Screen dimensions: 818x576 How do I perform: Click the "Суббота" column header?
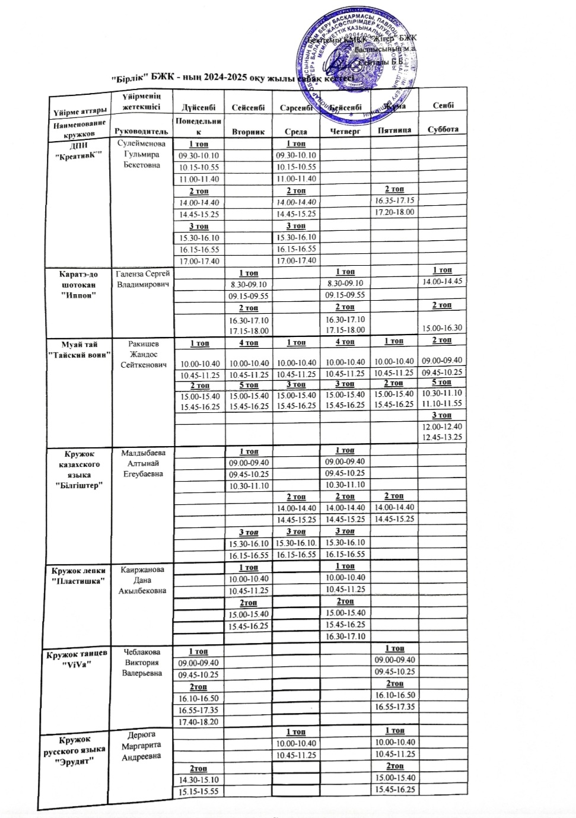click(x=443, y=129)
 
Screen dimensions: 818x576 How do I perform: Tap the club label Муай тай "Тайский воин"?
click(x=80, y=349)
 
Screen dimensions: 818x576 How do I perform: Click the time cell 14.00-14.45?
click(x=443, y=282)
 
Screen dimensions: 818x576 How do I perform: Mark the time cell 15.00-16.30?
click(x=443, y=327)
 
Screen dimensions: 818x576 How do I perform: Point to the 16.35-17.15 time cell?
click(x=394, y=200)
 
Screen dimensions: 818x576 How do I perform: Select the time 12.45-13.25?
click(x=442, y=437)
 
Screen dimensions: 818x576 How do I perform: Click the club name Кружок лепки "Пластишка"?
click(x=79, y=575)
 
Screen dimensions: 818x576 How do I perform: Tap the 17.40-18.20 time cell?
click(x=199, y=721)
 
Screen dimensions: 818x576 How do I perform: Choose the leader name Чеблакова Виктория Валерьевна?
click(x=142, y=663)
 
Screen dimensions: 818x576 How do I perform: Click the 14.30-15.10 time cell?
click(x=199, y=779)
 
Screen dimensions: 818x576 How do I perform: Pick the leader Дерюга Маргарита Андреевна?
click(x=142, y=746)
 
